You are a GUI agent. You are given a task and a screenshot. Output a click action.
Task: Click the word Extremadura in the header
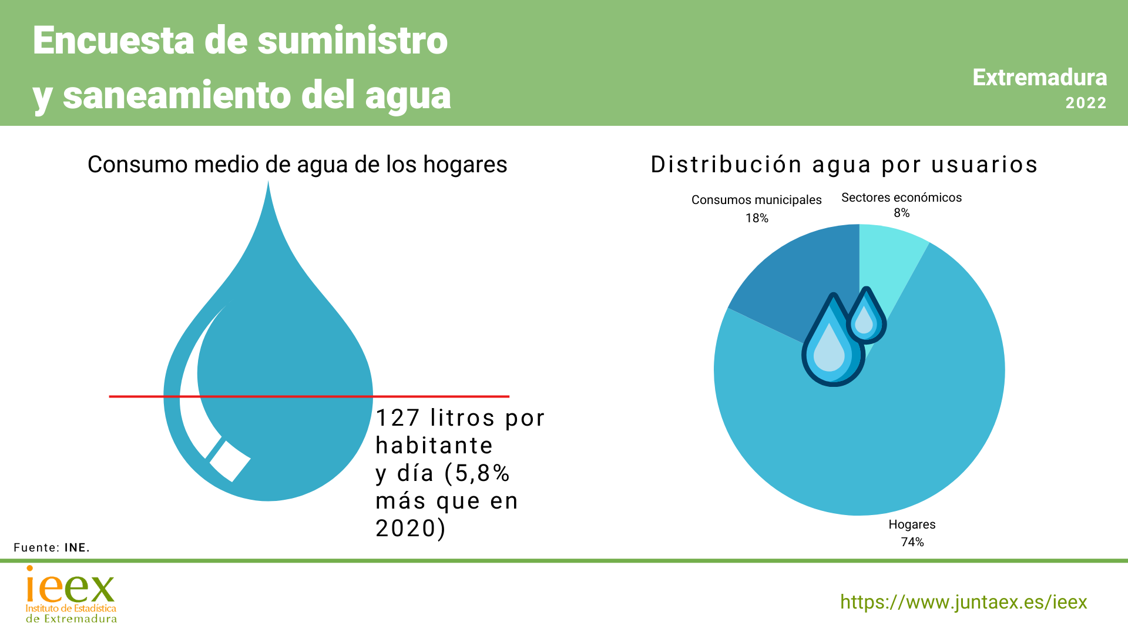[x=1039, y=78]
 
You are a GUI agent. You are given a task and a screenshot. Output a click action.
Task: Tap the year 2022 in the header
[x=1086, y=103]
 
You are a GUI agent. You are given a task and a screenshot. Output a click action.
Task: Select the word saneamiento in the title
[x=177, y=95]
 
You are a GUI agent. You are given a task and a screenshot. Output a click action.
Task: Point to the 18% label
[x=757, y=218]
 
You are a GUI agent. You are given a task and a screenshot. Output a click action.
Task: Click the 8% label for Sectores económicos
[x=901, y=213]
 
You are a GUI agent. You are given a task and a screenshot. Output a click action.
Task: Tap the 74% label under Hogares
[x=912, y=542]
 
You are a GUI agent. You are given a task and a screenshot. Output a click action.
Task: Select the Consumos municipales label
[x=756, y=200]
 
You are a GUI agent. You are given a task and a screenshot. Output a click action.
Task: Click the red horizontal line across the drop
[x=441, y=396]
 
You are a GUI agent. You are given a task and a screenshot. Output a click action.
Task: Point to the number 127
[x=397, y=418]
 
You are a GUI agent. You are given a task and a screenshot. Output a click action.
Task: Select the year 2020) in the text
[x=411, y=528]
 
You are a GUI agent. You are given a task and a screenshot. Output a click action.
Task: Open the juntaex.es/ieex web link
[x=963, y=602]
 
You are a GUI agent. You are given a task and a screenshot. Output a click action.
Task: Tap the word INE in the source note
[x=77, y=547]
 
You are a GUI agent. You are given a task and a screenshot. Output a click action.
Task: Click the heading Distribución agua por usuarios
[x=844, y=165]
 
